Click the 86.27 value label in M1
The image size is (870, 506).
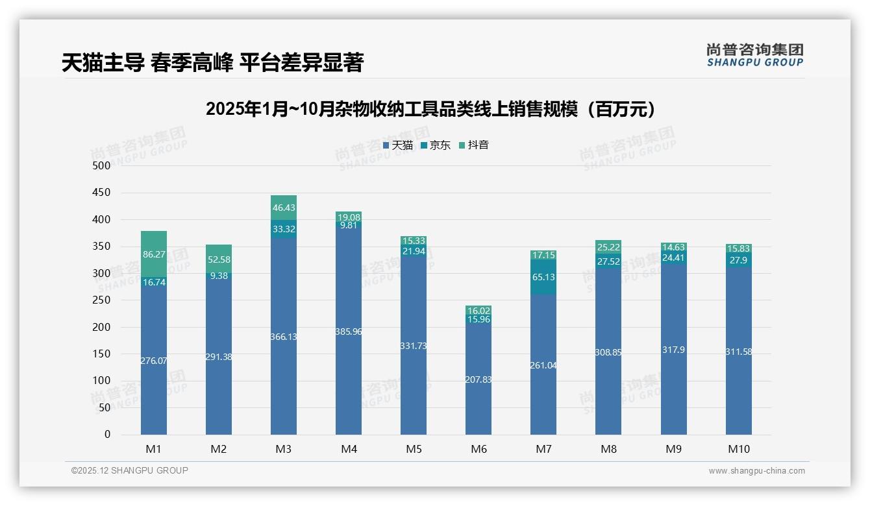pyautogui.click(x=154, y=255)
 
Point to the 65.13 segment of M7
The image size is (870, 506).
pyautogui.click(x=543, y=277)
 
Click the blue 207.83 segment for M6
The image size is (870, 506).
pyautogui.click(x=478, y=379)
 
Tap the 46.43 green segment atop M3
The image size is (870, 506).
pyautogui.click(x=284, y=208)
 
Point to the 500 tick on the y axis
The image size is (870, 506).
pyautogui.click(x=102, y=166)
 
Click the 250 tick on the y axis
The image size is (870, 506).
pyautogui.click(x=102, y=300)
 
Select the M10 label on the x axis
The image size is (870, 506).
pyautogui.click(x=738, y=449)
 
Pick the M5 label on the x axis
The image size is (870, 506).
pyautogui.click(x=414, y=449)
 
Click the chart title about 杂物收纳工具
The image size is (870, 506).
pyautogui.click(x=430, y=109)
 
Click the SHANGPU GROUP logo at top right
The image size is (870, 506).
pyautogui.click(x=754, y=55)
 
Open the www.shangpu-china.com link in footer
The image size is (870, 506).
pyautogui.click(x=756, y=471)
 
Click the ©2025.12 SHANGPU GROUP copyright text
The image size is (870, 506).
pyautogui.click(x=130, y=471)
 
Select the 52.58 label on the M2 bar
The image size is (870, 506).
pyautogui.click(x=219, y=260)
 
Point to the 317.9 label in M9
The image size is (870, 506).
pyautogui.click(x=673, y=350)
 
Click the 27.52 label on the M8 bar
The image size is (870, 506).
pyautogui.click(x=608, y=262)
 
